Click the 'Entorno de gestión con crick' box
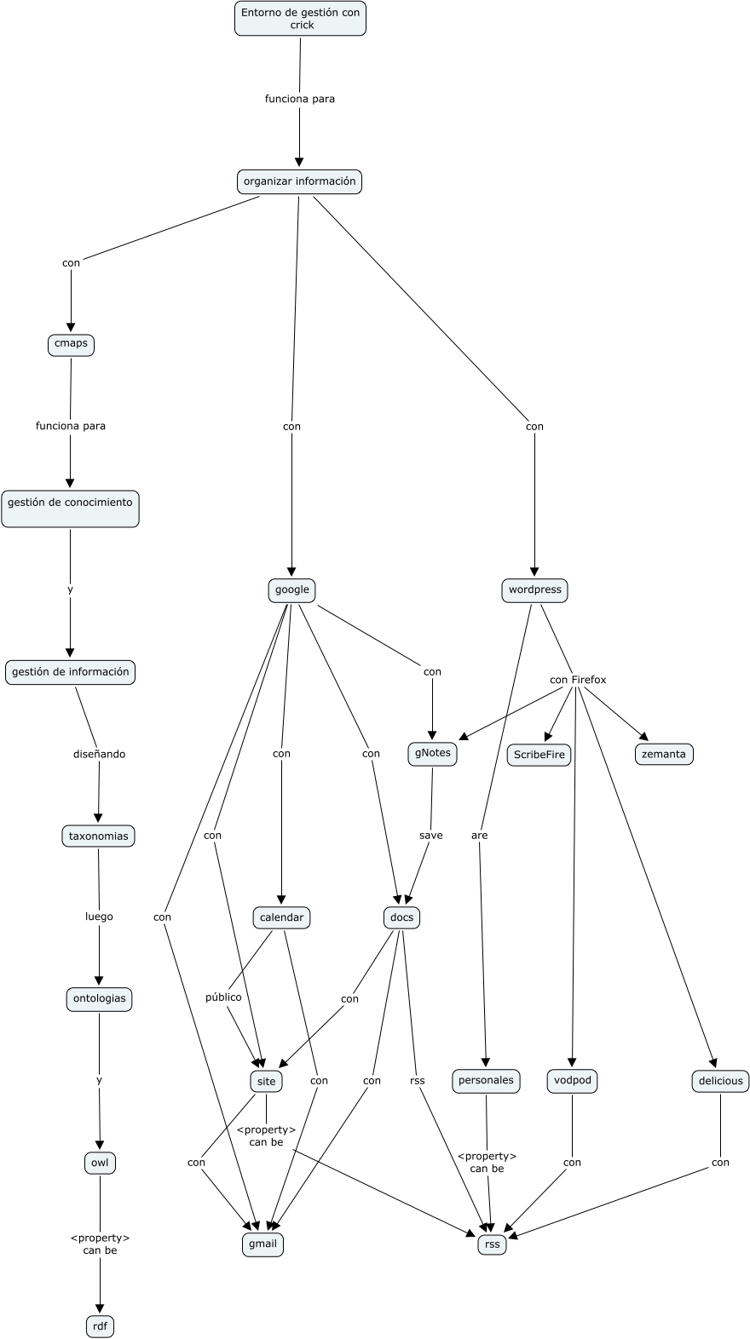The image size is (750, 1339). click(x=300, y=19)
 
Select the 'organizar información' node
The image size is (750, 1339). click(x=299, y=181)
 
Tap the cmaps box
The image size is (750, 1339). click(x=71, y=344)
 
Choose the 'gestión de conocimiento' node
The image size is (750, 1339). click(x=70, y=508)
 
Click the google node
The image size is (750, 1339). click(x=291, y=589)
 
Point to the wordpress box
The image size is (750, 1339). click(x=534, y=589)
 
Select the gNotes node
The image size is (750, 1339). click(x=432, y=754)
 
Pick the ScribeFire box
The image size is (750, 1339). click(x=539, y=755)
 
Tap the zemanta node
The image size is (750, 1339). click(x=663, y=755)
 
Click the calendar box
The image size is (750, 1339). click(x=281, y=917)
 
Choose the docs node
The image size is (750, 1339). click(x=401, y=917)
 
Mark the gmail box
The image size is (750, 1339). click(x=262, y=1244)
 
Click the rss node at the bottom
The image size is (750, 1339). click(x=492, y=1244)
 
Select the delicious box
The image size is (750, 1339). click(x=720, y=1081)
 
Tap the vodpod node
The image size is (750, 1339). click(x=572, y=1081)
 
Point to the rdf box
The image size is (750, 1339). click(x=100, y=1326)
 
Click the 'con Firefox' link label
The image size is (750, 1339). click(x=578, y=680)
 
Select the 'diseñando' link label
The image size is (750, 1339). click(x=99, y=754)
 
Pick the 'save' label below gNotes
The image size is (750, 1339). click(x=431, y=836)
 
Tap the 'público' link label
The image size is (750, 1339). click(x=223, y=997)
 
